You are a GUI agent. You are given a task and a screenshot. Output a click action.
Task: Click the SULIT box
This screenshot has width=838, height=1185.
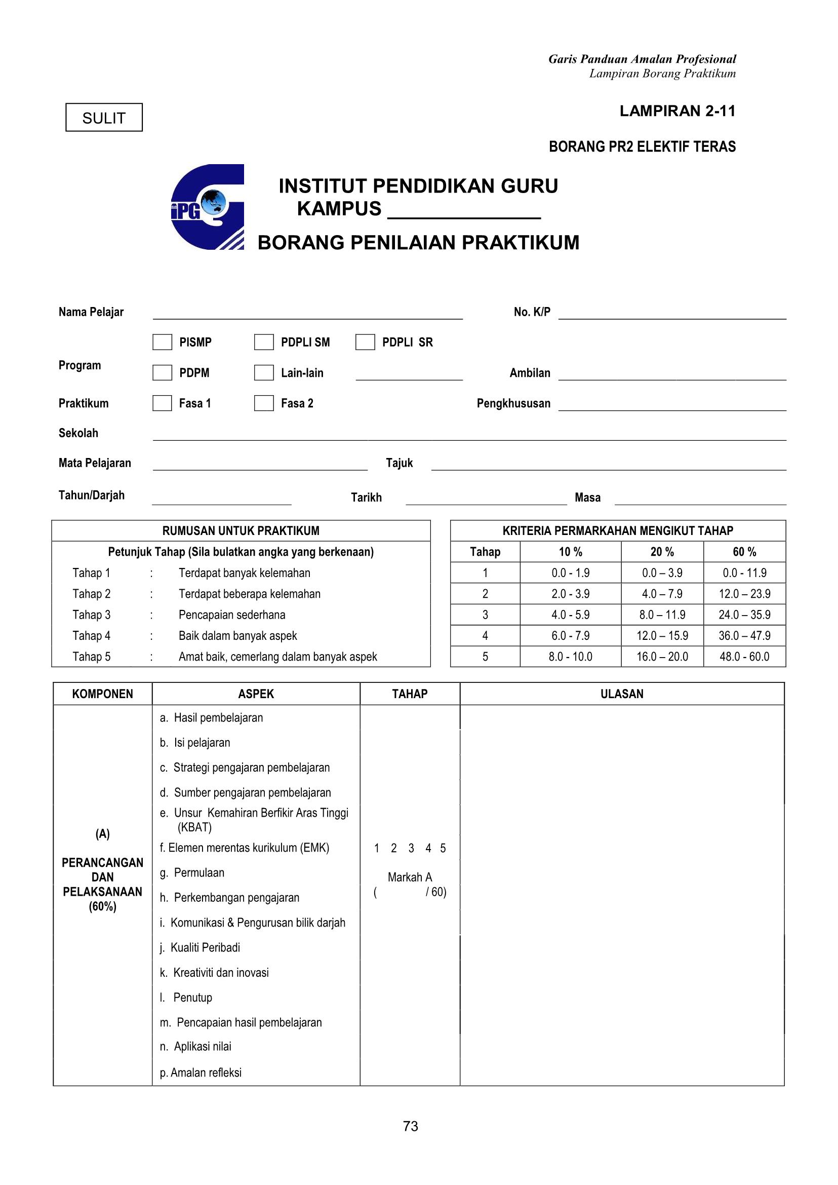tap(104, 118)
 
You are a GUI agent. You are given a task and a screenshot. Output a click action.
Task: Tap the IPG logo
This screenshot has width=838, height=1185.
tap(208, 207)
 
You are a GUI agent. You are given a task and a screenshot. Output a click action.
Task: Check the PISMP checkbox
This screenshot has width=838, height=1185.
tap(162, 342)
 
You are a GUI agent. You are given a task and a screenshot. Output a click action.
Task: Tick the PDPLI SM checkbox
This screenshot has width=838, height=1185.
tap(264, 342)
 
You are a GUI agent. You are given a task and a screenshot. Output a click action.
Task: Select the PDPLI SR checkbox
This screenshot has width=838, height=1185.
tap(365, 342)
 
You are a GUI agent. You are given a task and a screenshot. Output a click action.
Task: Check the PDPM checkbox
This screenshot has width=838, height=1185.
tap(162, 373)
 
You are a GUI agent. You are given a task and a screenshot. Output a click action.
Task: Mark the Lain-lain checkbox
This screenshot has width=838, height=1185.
tap(264, 373)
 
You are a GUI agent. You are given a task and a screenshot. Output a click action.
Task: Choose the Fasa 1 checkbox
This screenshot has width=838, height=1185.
tap(162, 403)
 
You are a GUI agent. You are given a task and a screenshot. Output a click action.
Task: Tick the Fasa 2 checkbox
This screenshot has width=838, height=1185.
tap(264, 403)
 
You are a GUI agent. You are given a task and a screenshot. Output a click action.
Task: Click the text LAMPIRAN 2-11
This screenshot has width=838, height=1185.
tap(677, 111)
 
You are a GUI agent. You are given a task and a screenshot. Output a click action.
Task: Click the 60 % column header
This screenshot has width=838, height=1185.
tap(744, 552)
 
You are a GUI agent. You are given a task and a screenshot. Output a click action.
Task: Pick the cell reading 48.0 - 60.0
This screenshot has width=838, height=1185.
tap(744, 657)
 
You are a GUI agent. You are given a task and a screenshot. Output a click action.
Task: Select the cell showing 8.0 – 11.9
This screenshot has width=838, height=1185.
tap(662, 615)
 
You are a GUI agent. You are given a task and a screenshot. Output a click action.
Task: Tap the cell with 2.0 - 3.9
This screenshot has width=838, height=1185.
tap(570, 594)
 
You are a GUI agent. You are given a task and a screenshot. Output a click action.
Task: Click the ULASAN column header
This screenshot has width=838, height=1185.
tap(622, 694)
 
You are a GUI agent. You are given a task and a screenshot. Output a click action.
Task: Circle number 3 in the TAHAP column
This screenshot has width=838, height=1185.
tap(411, 848)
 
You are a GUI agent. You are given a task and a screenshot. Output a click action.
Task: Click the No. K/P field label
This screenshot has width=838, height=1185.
tap(532, 312)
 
